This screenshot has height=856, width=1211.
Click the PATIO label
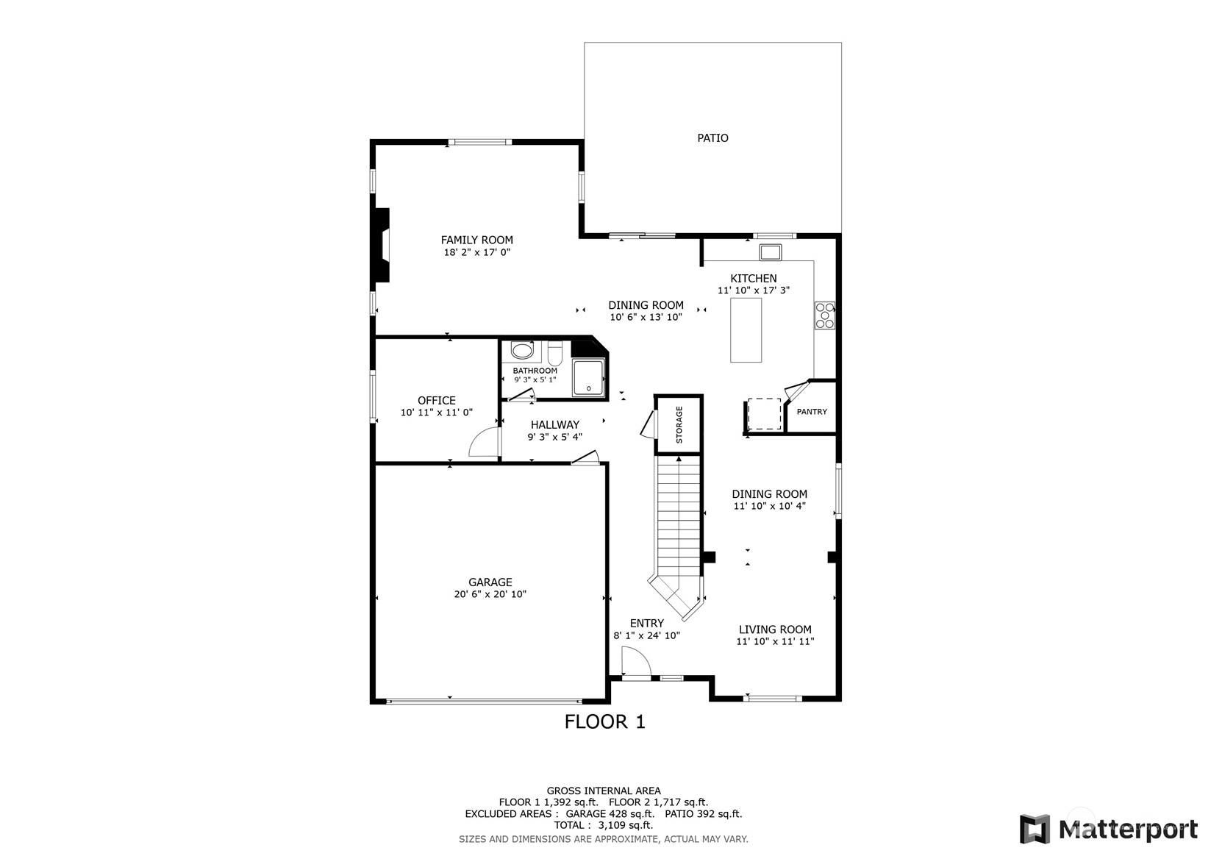click(712, 138)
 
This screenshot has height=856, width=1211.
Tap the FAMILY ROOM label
click(477, 240)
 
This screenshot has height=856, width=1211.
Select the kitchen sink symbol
click(771, 252)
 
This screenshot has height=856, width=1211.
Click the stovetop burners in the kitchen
click(825, 315)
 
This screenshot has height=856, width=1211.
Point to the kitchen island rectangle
click(746, 330)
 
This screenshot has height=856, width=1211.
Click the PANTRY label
click(812, 412)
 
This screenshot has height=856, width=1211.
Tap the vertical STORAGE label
click(679, 424)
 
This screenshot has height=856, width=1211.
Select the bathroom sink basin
click(522, 351)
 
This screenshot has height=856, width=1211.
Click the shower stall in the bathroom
click(588, 377)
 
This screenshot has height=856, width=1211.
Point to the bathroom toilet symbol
click(555, 352)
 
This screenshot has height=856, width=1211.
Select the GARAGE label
click(490, 582)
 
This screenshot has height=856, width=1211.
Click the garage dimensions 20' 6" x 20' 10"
click(490, 594)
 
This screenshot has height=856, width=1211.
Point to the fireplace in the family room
click(382, 245)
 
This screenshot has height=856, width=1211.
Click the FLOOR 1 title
click(605, 721)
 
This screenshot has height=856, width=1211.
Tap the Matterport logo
click(1109, 829)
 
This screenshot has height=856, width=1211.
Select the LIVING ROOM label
click(775, 629)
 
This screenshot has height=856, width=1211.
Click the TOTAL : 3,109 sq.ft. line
click(604, 825)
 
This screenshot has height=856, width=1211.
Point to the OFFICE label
click(436, 400)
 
